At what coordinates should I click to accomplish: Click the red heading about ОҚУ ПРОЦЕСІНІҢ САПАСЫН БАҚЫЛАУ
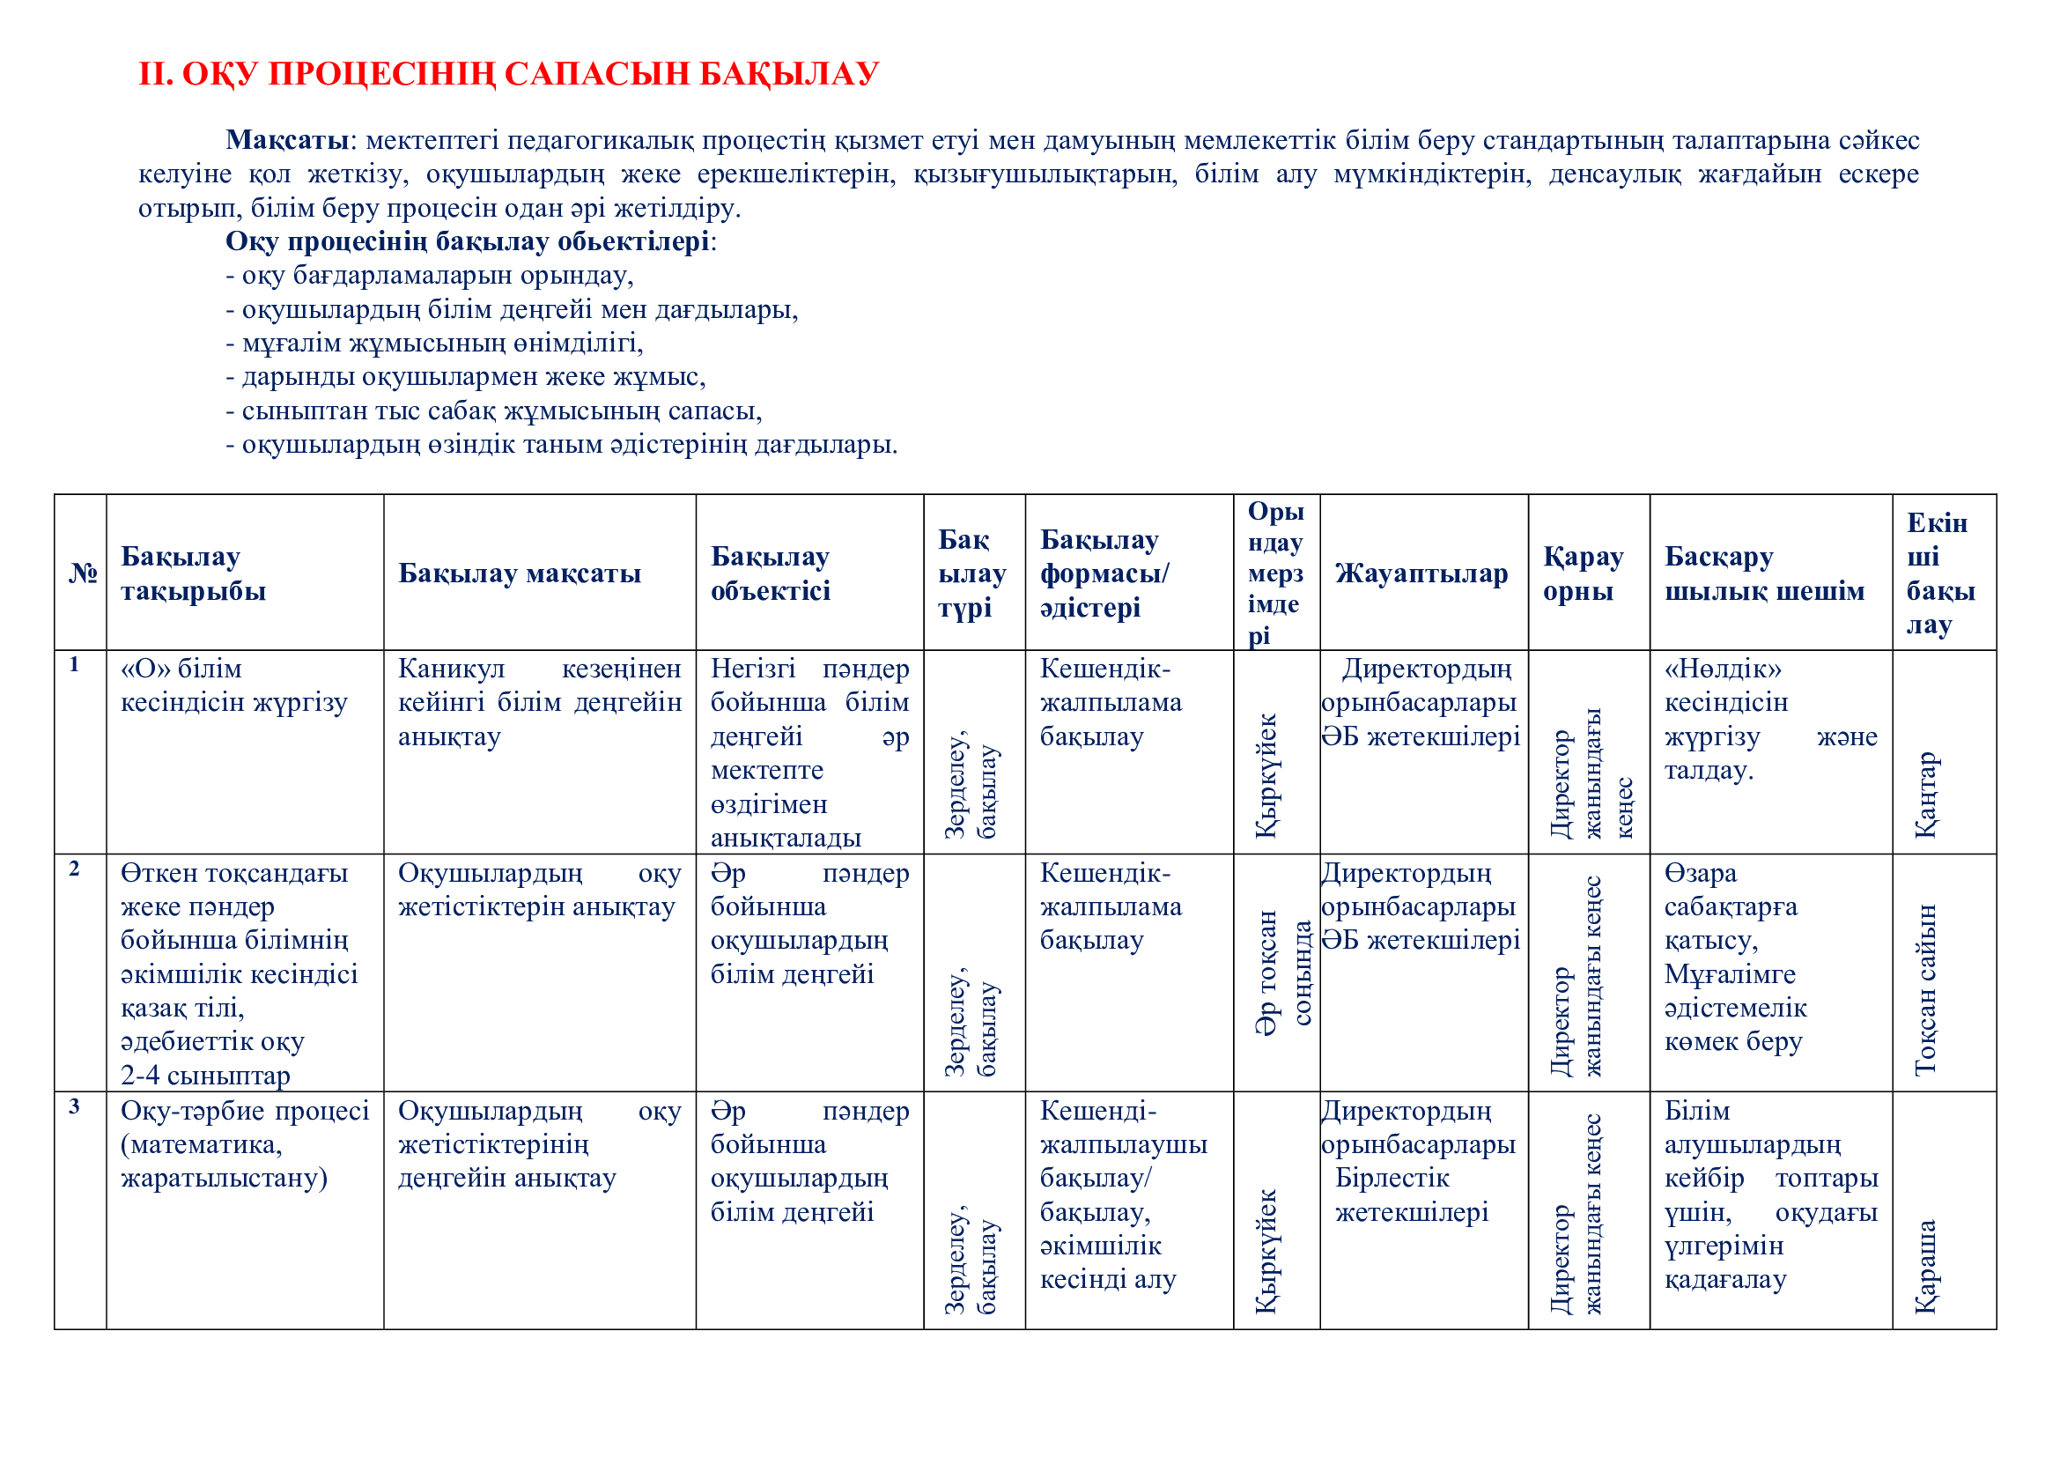tap(508, 74)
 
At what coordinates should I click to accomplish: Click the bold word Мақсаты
tap(286, 140)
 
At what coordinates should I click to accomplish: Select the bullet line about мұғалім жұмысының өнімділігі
tap(434, 343)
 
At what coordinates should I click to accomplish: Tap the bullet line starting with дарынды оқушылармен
tap(466, 377)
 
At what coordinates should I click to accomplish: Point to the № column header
tap(83, 573)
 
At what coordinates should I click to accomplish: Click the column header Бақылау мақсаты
tap(520, 573)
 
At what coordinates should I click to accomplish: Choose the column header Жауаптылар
tap(1421, 573)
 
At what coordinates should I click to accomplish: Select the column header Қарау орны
tap(1583, 573)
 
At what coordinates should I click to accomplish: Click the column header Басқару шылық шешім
tap(1764, 573)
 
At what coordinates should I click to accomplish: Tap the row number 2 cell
tap(75, 869)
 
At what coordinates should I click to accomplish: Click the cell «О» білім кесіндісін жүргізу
tap(234, 685)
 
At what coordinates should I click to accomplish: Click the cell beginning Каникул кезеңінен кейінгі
tap(539, 702)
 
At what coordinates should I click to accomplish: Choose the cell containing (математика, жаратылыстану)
tap(244, 1144)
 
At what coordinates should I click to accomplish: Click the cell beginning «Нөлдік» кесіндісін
tap(1769, 720)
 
